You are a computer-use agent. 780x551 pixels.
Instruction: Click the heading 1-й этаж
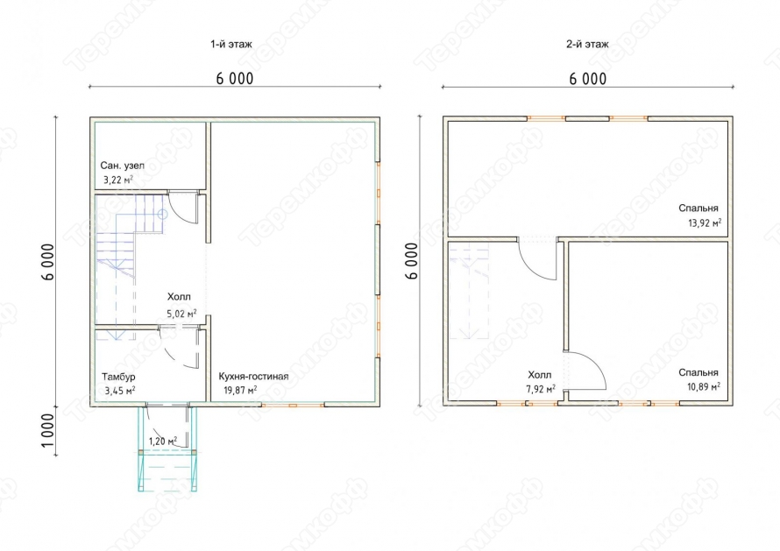[x=231, y=45]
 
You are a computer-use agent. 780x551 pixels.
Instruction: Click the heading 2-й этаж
[x=587, y=45]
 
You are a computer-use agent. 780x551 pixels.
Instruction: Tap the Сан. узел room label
[x=123, y=166]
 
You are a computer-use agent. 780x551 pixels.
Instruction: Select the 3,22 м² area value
[x=118, y=180]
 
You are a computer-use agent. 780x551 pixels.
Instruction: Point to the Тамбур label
[x=118, y=377]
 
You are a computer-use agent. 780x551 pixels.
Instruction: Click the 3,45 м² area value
[x=120, y=391]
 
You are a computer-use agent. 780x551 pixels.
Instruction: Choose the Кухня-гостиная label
[x=253, y=376]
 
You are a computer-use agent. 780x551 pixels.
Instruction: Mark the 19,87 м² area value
[x=240, y=390]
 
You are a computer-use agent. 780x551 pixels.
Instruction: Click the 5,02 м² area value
[x=181, y=314]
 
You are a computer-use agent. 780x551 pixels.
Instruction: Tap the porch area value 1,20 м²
[x=163, y=442]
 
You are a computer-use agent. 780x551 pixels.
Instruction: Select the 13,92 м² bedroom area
[x=705, y=223]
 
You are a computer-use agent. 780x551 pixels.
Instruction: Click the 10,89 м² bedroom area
[x=705, y=386]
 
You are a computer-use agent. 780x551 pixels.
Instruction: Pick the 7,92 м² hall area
[x=541, y=389]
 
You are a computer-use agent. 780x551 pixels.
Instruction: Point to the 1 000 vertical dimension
[x=47, y=431]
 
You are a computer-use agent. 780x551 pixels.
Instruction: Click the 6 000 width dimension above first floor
[x=235, y=79]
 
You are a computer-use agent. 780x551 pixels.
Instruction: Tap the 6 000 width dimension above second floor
[x=588, y=79]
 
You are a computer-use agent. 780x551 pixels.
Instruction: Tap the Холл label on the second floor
[x=540, y=374]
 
